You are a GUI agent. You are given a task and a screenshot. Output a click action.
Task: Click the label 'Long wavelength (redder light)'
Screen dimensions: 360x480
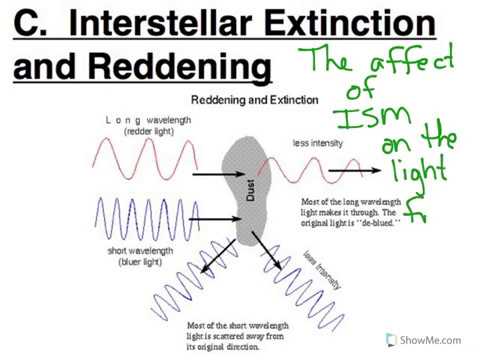(x=146, y=126)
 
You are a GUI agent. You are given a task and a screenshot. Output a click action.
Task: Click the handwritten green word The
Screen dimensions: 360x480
(x=336, y=63)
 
